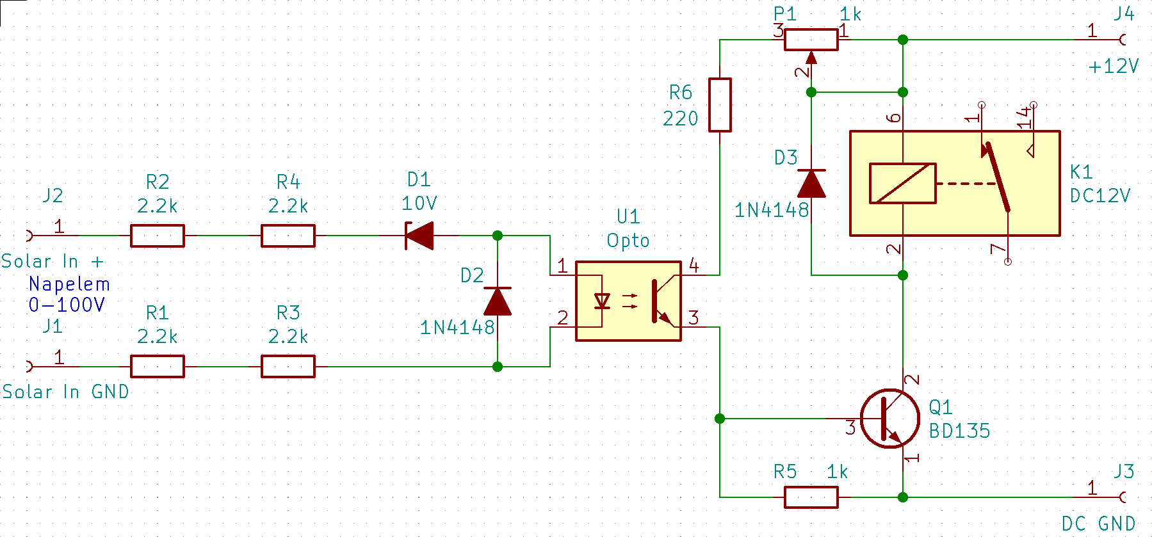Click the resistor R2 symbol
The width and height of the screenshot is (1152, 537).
[x=158, y=236]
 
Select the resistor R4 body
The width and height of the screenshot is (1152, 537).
[x=288, y=236]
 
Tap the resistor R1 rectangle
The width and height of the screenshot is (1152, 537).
[x=158, y=367]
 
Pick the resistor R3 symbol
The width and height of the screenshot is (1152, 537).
[x=288, y=367]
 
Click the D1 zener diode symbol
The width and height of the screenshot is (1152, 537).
[x=419, y=236]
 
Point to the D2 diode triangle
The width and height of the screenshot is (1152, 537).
[x=498, y=301]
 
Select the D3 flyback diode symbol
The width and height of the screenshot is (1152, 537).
[x=811, y=184]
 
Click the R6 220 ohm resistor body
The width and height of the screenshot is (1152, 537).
[x=720, y=105]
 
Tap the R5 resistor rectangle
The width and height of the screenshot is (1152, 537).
[x=811, y=497]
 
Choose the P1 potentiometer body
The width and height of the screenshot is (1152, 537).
[x=811, y=40]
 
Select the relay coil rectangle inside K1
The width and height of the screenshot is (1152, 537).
[x=903, y=184]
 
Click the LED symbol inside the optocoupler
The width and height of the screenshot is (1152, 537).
[x=602, y=301]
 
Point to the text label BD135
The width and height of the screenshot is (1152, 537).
[x=959, y=431]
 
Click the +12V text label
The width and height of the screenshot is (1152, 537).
[x=1114, y=66]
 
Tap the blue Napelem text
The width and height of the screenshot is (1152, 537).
[x=69, y=284]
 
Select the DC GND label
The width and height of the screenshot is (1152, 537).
[x=1099, y=524]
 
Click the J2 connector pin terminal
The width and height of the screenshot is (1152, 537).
[x=29, y=236]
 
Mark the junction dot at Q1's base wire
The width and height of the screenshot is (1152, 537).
[x=720, y=419]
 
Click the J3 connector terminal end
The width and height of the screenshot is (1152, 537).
[x=1123, y=497]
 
